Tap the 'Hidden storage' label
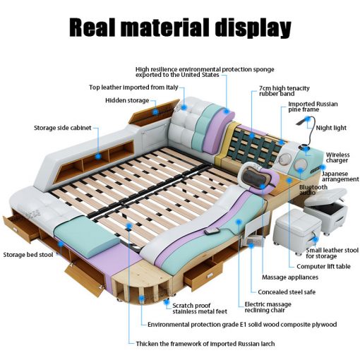(127, 100)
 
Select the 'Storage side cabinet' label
(63, 128)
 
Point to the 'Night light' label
(331, 128)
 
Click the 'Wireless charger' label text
(337, 157)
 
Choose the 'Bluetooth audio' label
(313, 190)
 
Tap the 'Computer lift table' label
(323, 266)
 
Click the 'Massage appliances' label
(290, 277)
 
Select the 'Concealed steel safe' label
(287, 292)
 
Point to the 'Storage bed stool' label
(28, 255)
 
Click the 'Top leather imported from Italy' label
(133, 88)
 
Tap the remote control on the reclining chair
(210, 232)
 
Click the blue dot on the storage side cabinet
(98, 156)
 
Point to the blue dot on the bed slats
(128, 226)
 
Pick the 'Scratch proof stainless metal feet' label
(200, 308)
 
